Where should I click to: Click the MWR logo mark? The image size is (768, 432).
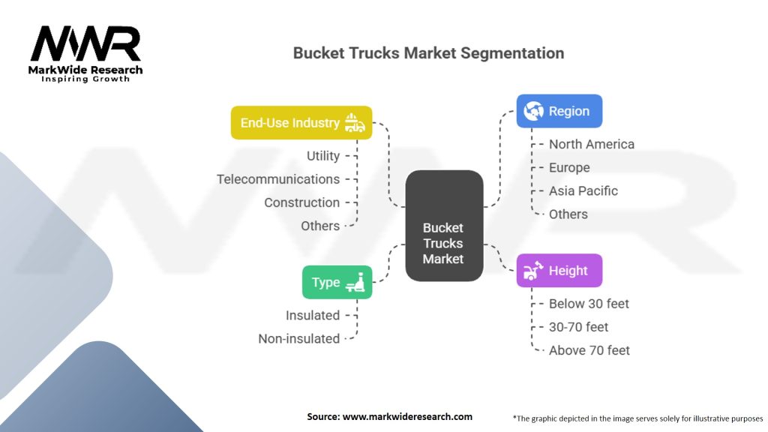coord(85,43)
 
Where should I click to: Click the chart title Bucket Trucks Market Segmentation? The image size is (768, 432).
coord(428,53)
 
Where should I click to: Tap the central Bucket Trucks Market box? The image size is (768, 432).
coord(444,226)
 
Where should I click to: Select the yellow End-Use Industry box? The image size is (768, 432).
coord(301,122)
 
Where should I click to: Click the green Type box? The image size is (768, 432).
coord(337,282)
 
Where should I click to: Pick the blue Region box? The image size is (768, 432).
coord(559,111)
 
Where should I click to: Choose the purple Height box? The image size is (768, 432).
coord(559,270)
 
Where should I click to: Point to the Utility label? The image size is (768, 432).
coord(323,156)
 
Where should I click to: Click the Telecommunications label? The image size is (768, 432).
coord(278,179)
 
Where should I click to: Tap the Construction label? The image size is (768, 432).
coord(301,202)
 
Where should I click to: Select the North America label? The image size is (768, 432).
coord(592,144)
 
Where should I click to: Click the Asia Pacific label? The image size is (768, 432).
coord(583,190)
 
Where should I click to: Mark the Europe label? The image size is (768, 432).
coord(569,167)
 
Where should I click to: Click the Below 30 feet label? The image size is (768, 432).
coord(589,304)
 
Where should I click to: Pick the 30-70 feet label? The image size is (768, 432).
coord(578,327)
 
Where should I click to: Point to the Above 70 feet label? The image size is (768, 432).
coord(589,350)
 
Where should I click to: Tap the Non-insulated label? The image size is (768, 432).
coord(298,338)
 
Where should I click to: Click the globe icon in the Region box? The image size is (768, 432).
coord(533,111)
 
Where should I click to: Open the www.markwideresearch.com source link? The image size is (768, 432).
coord(407,417)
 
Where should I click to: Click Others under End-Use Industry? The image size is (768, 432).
coord(320,226)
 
